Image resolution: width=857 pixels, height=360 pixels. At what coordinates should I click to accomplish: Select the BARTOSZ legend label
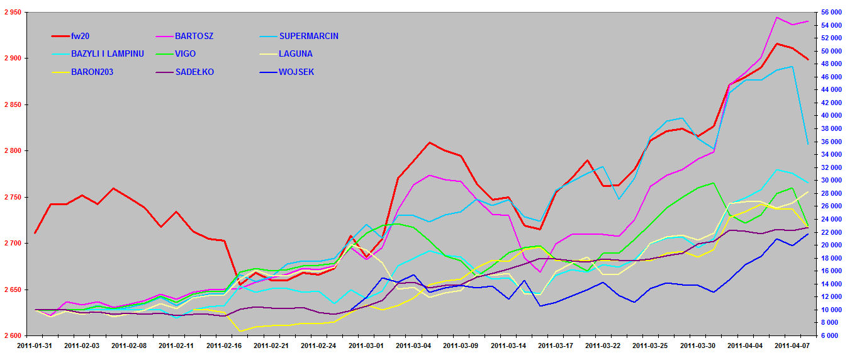coord(194,36)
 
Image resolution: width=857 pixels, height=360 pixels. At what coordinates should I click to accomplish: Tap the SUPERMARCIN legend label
coord(308,36)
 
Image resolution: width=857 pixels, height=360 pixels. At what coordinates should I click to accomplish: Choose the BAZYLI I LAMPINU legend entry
coord(107,54)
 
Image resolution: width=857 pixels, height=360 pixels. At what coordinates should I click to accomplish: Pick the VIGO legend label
coord(186,54)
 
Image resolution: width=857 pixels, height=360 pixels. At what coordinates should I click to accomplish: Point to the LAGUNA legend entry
coord(295,54)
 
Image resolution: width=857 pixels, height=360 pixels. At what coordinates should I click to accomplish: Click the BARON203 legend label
coord(92,72)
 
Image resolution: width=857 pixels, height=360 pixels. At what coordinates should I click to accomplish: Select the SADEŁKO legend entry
coord(194,72)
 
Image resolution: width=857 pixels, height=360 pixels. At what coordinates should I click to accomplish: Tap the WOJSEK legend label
coord(296,72)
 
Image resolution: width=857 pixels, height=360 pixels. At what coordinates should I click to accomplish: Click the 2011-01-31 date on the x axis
coord(35,346)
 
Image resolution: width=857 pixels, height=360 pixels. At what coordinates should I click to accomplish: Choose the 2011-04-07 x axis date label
coord(792,346)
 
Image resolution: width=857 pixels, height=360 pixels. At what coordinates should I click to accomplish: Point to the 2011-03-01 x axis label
coord(367,346)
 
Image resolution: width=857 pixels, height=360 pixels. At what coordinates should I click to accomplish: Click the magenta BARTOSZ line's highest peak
coord(777,18)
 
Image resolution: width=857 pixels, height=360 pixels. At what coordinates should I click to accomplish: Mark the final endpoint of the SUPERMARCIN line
coord(808,145)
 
